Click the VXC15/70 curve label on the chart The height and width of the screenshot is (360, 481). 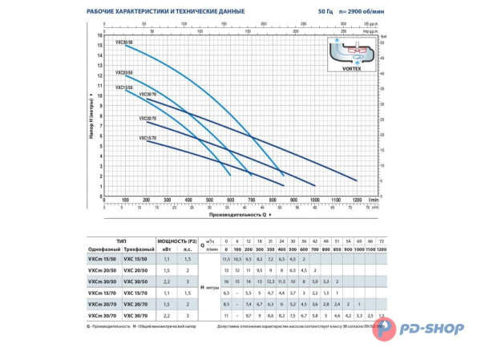[148, 138]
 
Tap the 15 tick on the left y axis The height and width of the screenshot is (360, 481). [100, 46]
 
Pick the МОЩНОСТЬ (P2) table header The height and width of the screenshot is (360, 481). [174, 241]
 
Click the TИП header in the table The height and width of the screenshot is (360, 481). [121, 241]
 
